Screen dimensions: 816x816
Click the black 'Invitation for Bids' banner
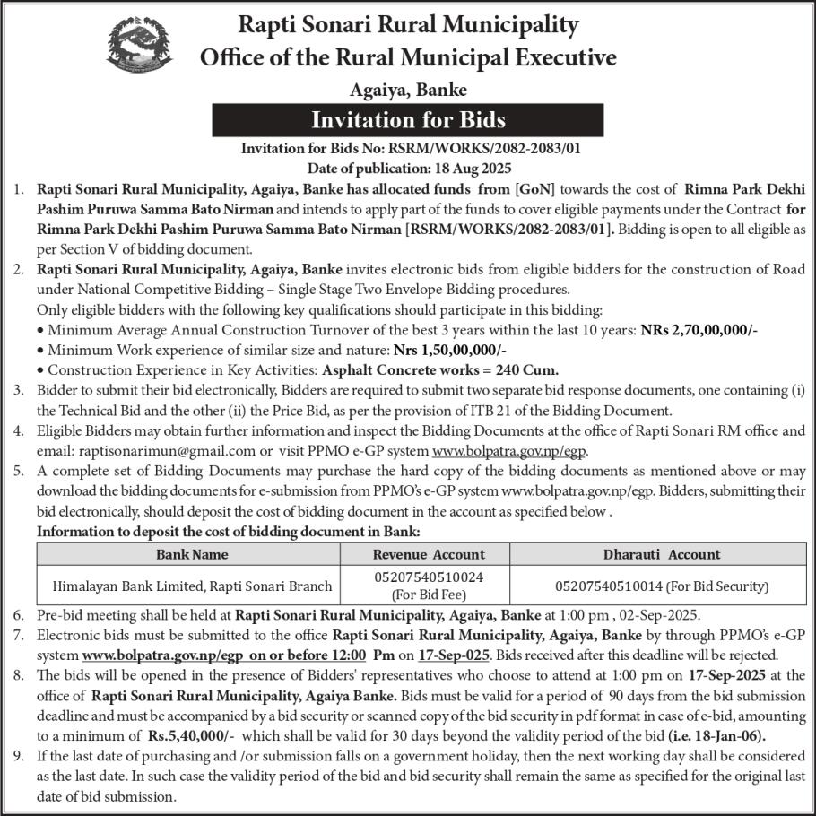pos(408,120)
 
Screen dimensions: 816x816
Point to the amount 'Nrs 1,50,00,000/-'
pos(456,349)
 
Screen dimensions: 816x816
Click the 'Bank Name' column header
pos(192,554)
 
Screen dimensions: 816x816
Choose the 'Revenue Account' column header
pos(429,554)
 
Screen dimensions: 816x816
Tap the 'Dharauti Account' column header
pos(662,554)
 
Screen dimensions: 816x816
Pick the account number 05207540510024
pos(429,578)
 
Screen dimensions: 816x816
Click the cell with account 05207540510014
pos(662,586)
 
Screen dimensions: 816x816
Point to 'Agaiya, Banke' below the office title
pos(408,90)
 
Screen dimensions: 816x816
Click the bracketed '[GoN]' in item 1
pos(534,189)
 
